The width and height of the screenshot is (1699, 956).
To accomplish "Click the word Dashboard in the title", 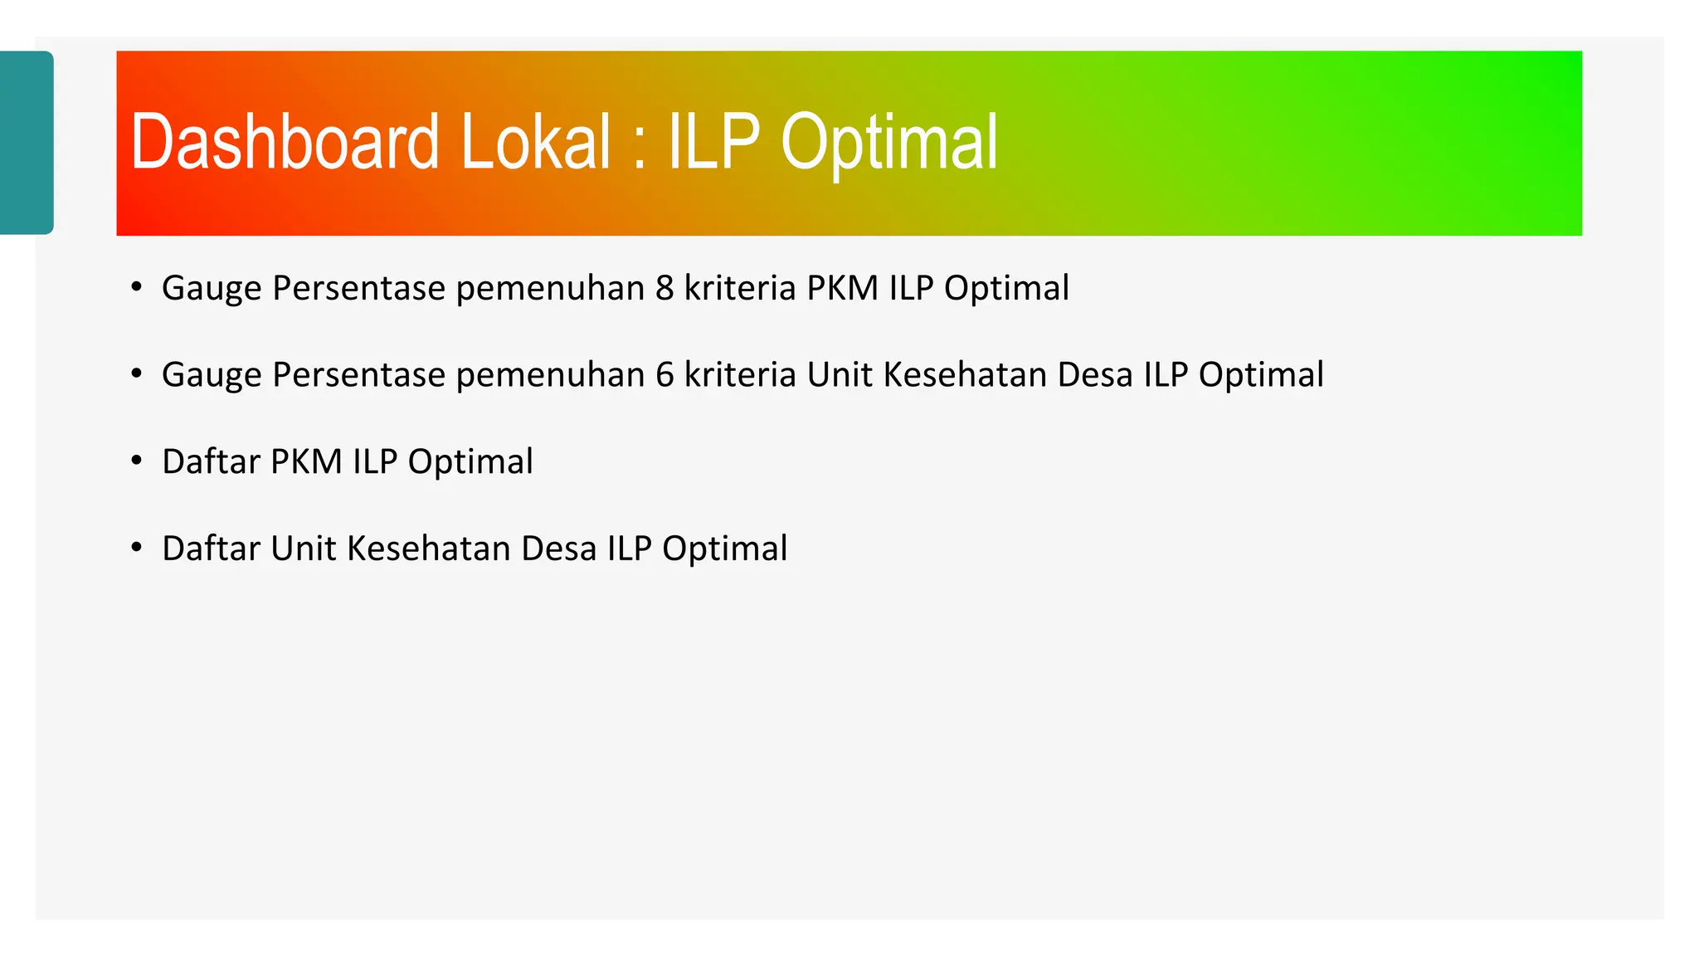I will click(284, 143).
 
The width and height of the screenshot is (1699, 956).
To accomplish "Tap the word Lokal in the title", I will click(536, 143).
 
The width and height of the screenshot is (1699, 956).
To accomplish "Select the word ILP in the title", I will click(713, 143).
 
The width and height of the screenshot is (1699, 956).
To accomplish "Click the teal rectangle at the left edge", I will click(26, 143).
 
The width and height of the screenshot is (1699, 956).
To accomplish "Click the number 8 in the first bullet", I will click(665, 289).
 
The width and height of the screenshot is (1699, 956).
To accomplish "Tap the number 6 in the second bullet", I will click(665, 375).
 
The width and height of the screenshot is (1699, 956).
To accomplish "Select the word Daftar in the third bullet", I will click(211, 462).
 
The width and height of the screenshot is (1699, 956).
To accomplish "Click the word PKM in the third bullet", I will click(306, 462).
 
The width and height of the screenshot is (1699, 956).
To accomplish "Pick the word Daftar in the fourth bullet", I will click(211, 549).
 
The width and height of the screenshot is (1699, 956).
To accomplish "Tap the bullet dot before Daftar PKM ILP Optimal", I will click(137, 461).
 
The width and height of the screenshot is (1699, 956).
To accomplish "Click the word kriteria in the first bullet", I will click(740, 289).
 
